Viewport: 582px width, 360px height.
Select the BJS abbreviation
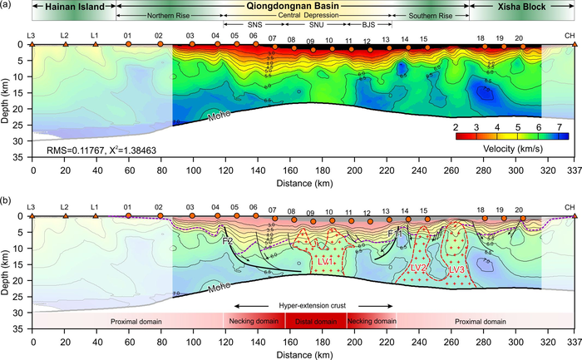[368, 25]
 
